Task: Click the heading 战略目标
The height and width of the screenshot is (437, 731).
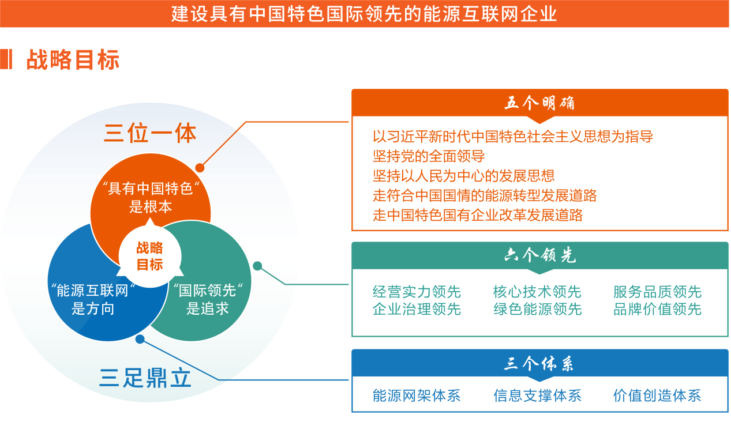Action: coord(73,60)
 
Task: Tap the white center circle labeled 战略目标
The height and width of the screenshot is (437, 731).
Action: coord(150,257)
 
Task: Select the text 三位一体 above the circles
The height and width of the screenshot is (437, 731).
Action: coord(150,133)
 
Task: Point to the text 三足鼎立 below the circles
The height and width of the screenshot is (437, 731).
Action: coord(145,378)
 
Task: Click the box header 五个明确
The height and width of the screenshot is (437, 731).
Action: coord(539,104)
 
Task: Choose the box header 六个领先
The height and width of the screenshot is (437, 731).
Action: coord(539,255)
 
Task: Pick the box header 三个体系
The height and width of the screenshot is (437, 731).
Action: coord(539,364)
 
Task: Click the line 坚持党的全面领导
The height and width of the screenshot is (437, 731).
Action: coord(429,156)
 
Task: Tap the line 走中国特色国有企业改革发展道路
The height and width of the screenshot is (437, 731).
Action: coord(478,215)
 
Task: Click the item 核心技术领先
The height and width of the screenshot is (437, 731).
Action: coord(537,292)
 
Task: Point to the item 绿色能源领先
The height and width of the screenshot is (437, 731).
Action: coord(537,310)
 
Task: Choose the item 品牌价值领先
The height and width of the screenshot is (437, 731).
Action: coord(657,310)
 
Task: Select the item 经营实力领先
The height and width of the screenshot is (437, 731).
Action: coord(417,292)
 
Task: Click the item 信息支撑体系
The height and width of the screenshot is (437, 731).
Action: coord(537,395)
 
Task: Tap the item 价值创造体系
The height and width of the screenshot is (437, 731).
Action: coord(657,395)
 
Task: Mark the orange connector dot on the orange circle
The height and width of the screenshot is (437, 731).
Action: coord(200,168)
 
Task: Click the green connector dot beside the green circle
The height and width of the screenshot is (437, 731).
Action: coord(257,266)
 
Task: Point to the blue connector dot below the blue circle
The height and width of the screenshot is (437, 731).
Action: coord(140,339)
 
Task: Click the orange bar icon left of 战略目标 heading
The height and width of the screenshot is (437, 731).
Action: coord(6,60)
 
